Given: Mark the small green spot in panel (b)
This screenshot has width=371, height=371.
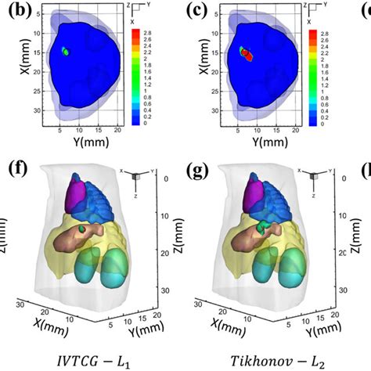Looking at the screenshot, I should [x=66, y=52].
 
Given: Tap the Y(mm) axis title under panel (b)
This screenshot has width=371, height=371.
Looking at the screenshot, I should [x=87, y=146].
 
